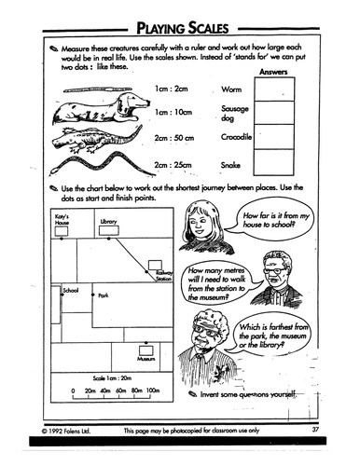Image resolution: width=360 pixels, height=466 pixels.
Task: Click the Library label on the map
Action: (108, 221)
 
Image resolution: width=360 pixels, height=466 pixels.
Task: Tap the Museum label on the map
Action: (145, 358)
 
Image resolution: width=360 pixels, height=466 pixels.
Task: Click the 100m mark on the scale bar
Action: (153, 391)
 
